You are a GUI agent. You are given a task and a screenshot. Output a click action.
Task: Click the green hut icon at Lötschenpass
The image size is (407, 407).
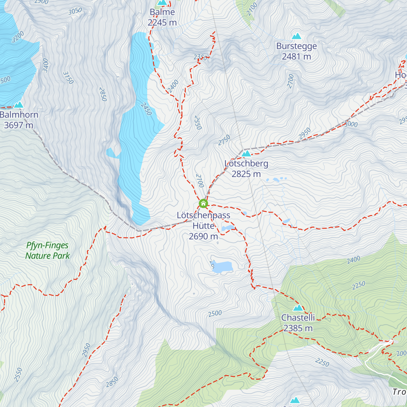point(203,203)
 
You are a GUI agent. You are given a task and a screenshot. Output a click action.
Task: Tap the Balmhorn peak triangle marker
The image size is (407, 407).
point(19,104)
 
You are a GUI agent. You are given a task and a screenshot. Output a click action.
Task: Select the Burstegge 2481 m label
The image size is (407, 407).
point(296,51)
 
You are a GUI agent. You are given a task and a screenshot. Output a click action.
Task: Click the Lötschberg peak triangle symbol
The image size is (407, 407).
point(246,154)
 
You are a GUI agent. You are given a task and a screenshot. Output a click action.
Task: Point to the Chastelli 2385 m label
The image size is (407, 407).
point(298,323)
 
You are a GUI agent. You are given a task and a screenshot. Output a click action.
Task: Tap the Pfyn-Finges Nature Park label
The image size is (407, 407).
point(47,251)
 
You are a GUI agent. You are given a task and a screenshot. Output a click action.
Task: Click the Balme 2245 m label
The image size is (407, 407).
point(162,17)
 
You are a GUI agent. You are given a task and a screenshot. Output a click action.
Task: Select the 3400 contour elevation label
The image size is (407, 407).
point(45,65)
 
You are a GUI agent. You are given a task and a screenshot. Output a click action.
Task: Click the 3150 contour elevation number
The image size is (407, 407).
point(68,78)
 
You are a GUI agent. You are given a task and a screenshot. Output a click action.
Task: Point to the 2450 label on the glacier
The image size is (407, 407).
point(146,109)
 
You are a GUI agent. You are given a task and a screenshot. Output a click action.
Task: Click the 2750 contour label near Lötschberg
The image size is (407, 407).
point(224,140)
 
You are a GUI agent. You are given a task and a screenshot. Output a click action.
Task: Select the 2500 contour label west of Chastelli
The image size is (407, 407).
point(215,314)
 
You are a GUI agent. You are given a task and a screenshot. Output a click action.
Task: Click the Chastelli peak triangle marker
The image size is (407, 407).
point(298,308)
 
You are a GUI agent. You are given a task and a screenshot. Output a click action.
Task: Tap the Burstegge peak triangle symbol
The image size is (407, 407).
point(297,36)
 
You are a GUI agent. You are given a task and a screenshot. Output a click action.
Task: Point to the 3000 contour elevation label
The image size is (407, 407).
point(351,124)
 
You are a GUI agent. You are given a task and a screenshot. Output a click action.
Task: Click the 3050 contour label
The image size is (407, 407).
point(75,11)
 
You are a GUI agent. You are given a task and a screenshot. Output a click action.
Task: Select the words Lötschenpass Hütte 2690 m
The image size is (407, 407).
point(203,226)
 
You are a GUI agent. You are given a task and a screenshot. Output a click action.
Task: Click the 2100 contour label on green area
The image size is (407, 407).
point(252,9)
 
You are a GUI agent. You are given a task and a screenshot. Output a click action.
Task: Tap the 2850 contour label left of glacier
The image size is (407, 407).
point(103,94)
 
